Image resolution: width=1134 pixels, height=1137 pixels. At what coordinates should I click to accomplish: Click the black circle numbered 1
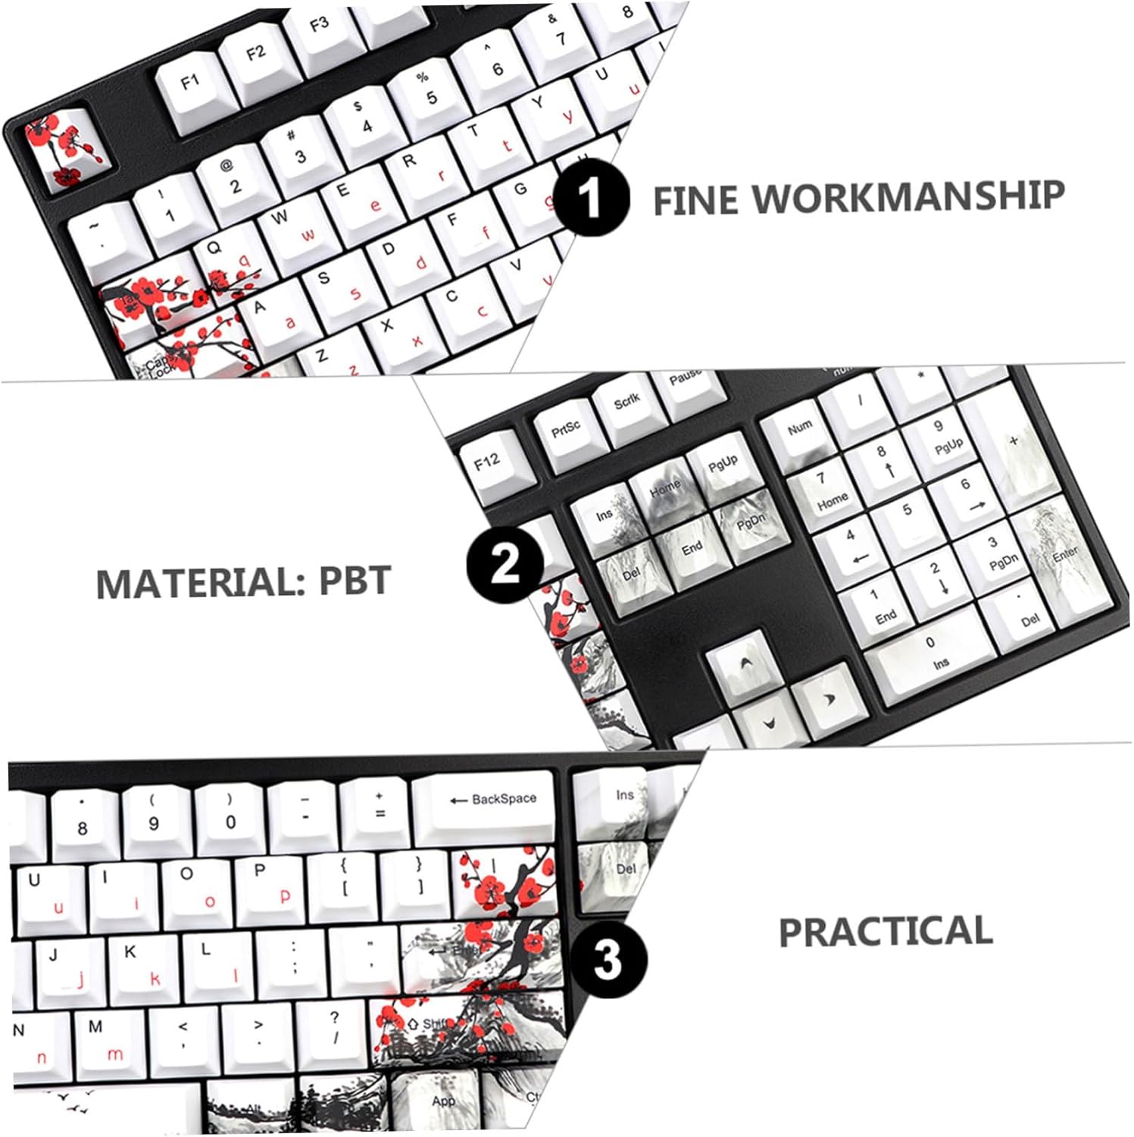591,198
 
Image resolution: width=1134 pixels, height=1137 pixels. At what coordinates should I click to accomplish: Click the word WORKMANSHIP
908,196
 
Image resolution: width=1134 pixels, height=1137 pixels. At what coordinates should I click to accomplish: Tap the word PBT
355,581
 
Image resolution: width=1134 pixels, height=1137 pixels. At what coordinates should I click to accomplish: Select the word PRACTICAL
886,932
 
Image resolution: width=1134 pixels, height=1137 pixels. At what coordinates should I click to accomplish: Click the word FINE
695,201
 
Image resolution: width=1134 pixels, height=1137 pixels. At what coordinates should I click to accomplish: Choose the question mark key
334,1027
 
